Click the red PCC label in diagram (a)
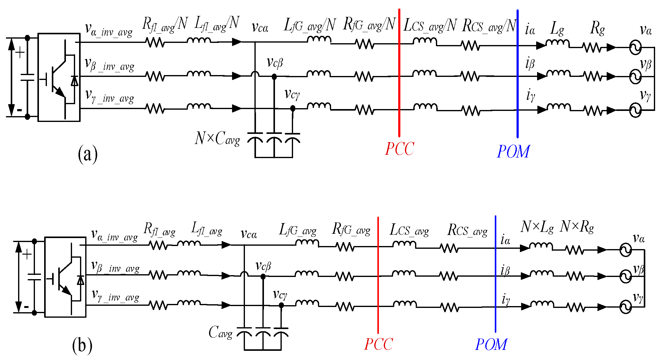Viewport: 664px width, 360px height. click(399, 149)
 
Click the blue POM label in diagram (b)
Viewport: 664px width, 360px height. click(491, 344)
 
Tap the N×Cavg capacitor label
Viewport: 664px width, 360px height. click(217, 138)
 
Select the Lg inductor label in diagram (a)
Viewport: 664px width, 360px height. click(557, 29)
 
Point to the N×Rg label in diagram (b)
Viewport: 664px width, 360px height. click(577, 227)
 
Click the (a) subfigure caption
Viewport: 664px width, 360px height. click(87, 154)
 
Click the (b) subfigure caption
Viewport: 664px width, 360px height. click(82, 345)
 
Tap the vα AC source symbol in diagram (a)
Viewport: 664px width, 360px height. click(635, 48)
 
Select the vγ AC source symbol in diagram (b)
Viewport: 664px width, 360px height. click(625, 307)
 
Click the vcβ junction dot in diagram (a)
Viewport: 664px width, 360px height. click(274, 77)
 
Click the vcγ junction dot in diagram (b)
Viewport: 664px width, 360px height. click(281, 305)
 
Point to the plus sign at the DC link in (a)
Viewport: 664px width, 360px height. click(20, 53)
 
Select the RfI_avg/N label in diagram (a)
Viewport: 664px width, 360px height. click(165, 24)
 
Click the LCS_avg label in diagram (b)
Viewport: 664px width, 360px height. click(409, 230)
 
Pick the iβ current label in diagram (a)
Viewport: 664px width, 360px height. click(530, 64)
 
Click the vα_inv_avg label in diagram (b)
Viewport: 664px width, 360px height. click(114, 235)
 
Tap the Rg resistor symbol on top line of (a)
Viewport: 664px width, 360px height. click(592, 47)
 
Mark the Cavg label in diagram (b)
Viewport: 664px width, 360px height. click(220, 333)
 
